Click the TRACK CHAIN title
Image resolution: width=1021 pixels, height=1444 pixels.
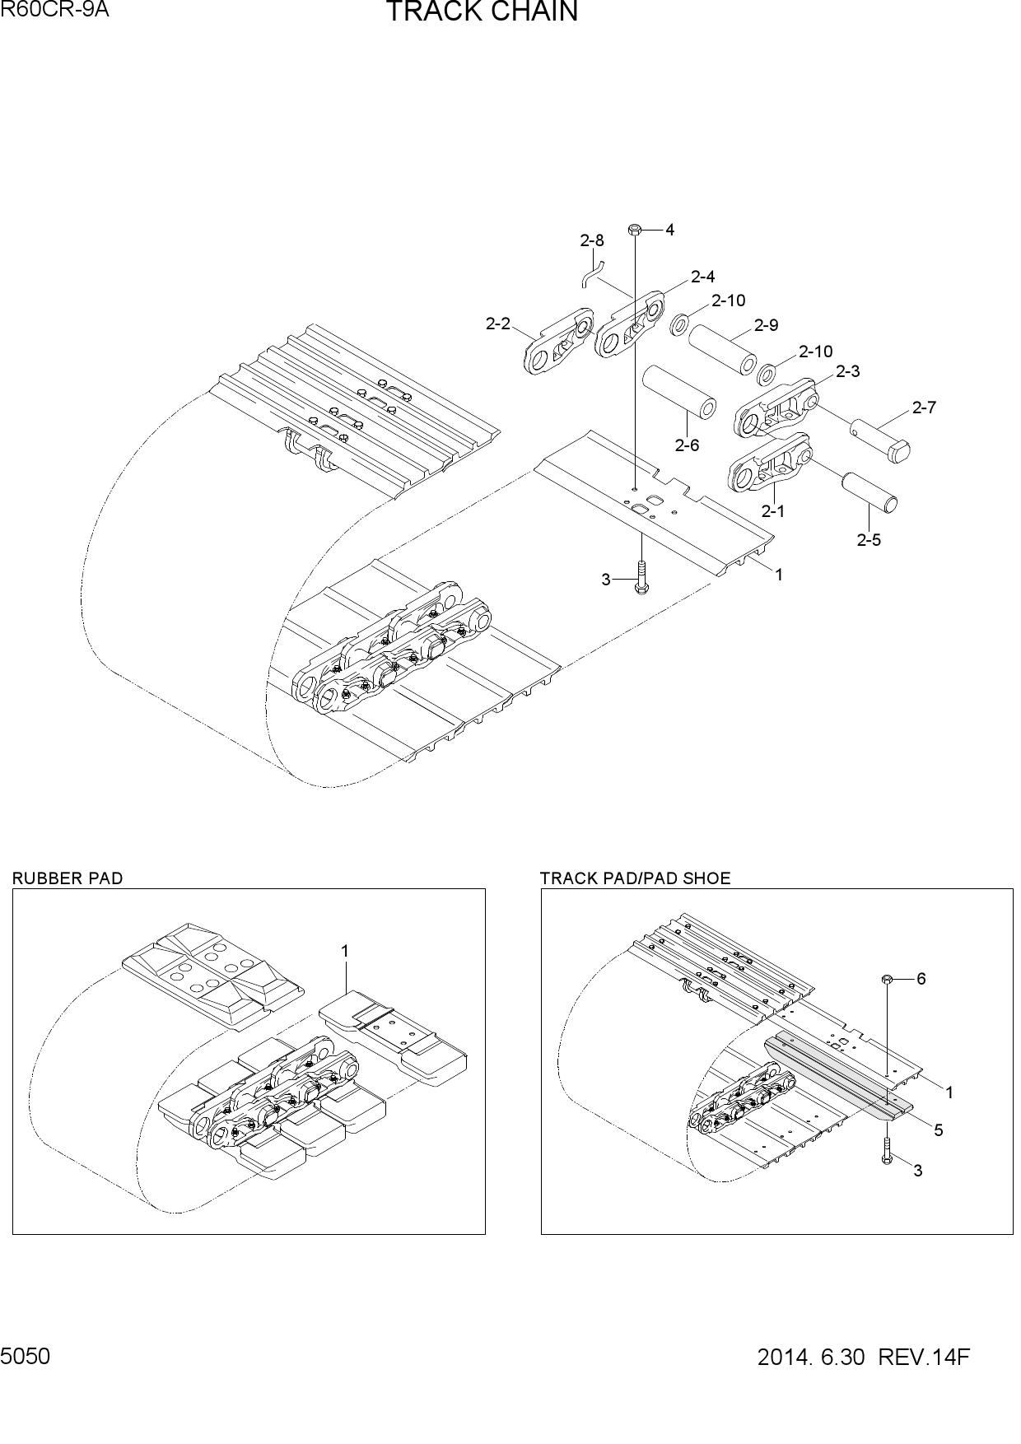[x=482, y=12]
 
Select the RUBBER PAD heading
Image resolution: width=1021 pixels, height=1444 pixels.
[x=68, y=878]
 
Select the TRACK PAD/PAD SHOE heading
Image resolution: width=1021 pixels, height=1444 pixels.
[x=635, y=878]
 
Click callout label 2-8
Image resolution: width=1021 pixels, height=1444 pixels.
[x=591, y=240]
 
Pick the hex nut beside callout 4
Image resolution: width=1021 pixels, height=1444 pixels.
[x=634, y=230]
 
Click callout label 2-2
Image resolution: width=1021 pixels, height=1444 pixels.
[x=498, y=324]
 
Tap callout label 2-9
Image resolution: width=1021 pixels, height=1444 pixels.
[x=766, y=325]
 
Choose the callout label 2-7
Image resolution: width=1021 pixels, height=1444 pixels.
[x=924, y=407]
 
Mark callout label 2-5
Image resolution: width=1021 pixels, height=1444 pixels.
[x=869, y=540]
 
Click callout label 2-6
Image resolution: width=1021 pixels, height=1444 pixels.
[x=687, y=445]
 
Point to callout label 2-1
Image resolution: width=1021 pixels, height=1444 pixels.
[x=772, y=511]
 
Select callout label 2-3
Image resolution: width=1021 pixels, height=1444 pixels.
[x=847, y=371]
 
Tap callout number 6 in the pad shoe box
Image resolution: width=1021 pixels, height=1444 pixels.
[x=921, y=978]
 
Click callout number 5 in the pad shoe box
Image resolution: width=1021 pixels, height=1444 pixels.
[x=939, y=1130]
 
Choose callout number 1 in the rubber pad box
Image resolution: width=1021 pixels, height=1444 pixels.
[x=345, y=951]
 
